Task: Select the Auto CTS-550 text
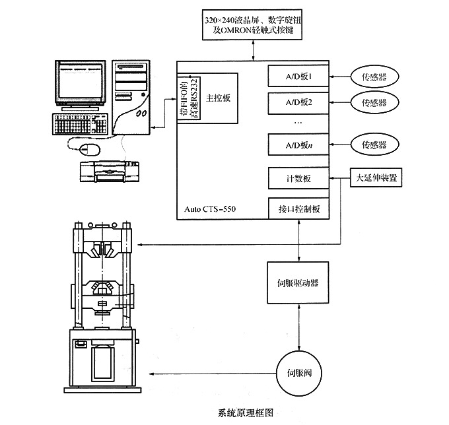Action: pos(210,211)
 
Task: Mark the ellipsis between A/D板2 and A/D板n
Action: pos(297,123)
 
